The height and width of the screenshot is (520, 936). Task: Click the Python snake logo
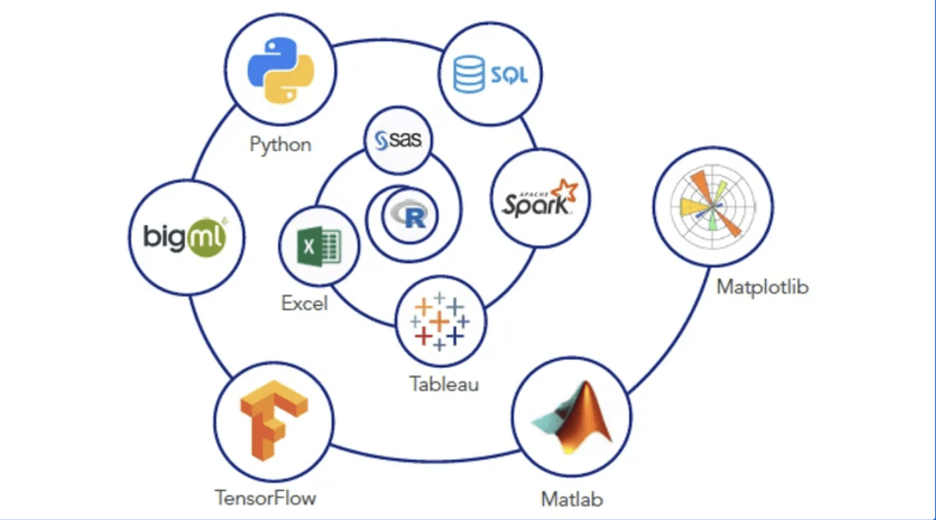coord(281,70)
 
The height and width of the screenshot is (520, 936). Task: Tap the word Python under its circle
coord(280,144)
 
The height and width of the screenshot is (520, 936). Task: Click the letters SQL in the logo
coord(508,75)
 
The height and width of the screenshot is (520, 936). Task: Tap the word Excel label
coord(304,303)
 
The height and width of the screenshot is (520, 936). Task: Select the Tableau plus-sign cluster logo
coord(439,321)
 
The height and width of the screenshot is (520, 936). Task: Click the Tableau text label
coord(444,384)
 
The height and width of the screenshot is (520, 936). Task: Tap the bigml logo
coord(185,236)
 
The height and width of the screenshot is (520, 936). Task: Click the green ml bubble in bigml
coord(206,236)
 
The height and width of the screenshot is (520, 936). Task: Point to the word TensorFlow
coord(265,496)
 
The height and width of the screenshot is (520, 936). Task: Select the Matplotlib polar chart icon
coord(712,206)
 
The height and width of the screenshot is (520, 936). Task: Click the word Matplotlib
coord(762,288)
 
